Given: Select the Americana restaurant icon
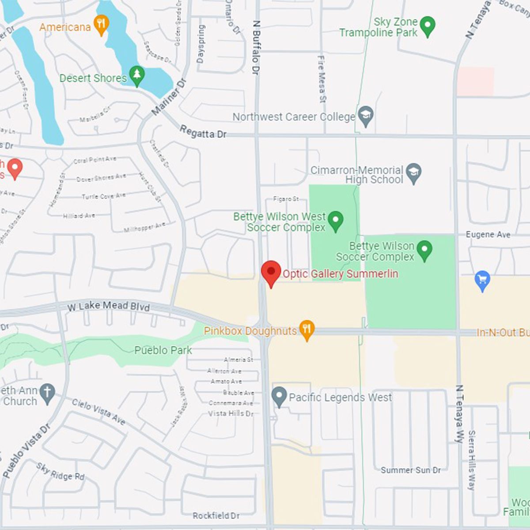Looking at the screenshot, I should [x=102, y=25].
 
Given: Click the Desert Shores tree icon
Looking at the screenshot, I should [x=137, y=76].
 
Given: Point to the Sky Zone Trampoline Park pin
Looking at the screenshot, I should [x=427, y=26].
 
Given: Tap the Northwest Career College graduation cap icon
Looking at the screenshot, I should [x=366, y=116].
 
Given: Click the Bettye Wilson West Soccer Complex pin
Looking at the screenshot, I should [x=336, y=220].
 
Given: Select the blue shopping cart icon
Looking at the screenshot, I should [x=482, y=280].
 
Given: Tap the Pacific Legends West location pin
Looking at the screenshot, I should [x=279, y=397].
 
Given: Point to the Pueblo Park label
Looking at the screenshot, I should [x=163, y=350].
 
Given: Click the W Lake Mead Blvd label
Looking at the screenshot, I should [x=109, y=306].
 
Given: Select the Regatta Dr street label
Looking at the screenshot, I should [x=203, y=132].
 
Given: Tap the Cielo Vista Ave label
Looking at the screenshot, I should [x=98, y=412].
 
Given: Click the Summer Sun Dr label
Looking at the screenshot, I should [x=411, y=470].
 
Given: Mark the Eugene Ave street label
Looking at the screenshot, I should [x=488, y=235].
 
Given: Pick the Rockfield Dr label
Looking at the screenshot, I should [x=216, y=515].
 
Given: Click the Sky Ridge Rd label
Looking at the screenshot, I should [x=61, y=471].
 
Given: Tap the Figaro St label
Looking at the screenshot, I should [x=286, y=199].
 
